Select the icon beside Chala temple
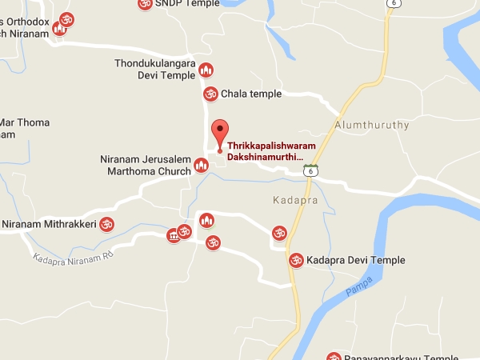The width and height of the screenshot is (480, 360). (210, 94)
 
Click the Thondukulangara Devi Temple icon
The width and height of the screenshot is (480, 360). (206, 70)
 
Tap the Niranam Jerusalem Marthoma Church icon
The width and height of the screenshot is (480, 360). (202, 165)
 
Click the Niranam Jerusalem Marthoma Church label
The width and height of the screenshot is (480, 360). (146, 165)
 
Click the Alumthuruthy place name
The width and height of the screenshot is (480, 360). (372, 126)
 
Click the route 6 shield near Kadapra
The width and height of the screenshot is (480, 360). (310, 170)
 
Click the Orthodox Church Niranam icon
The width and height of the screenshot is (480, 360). (58, 30)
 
